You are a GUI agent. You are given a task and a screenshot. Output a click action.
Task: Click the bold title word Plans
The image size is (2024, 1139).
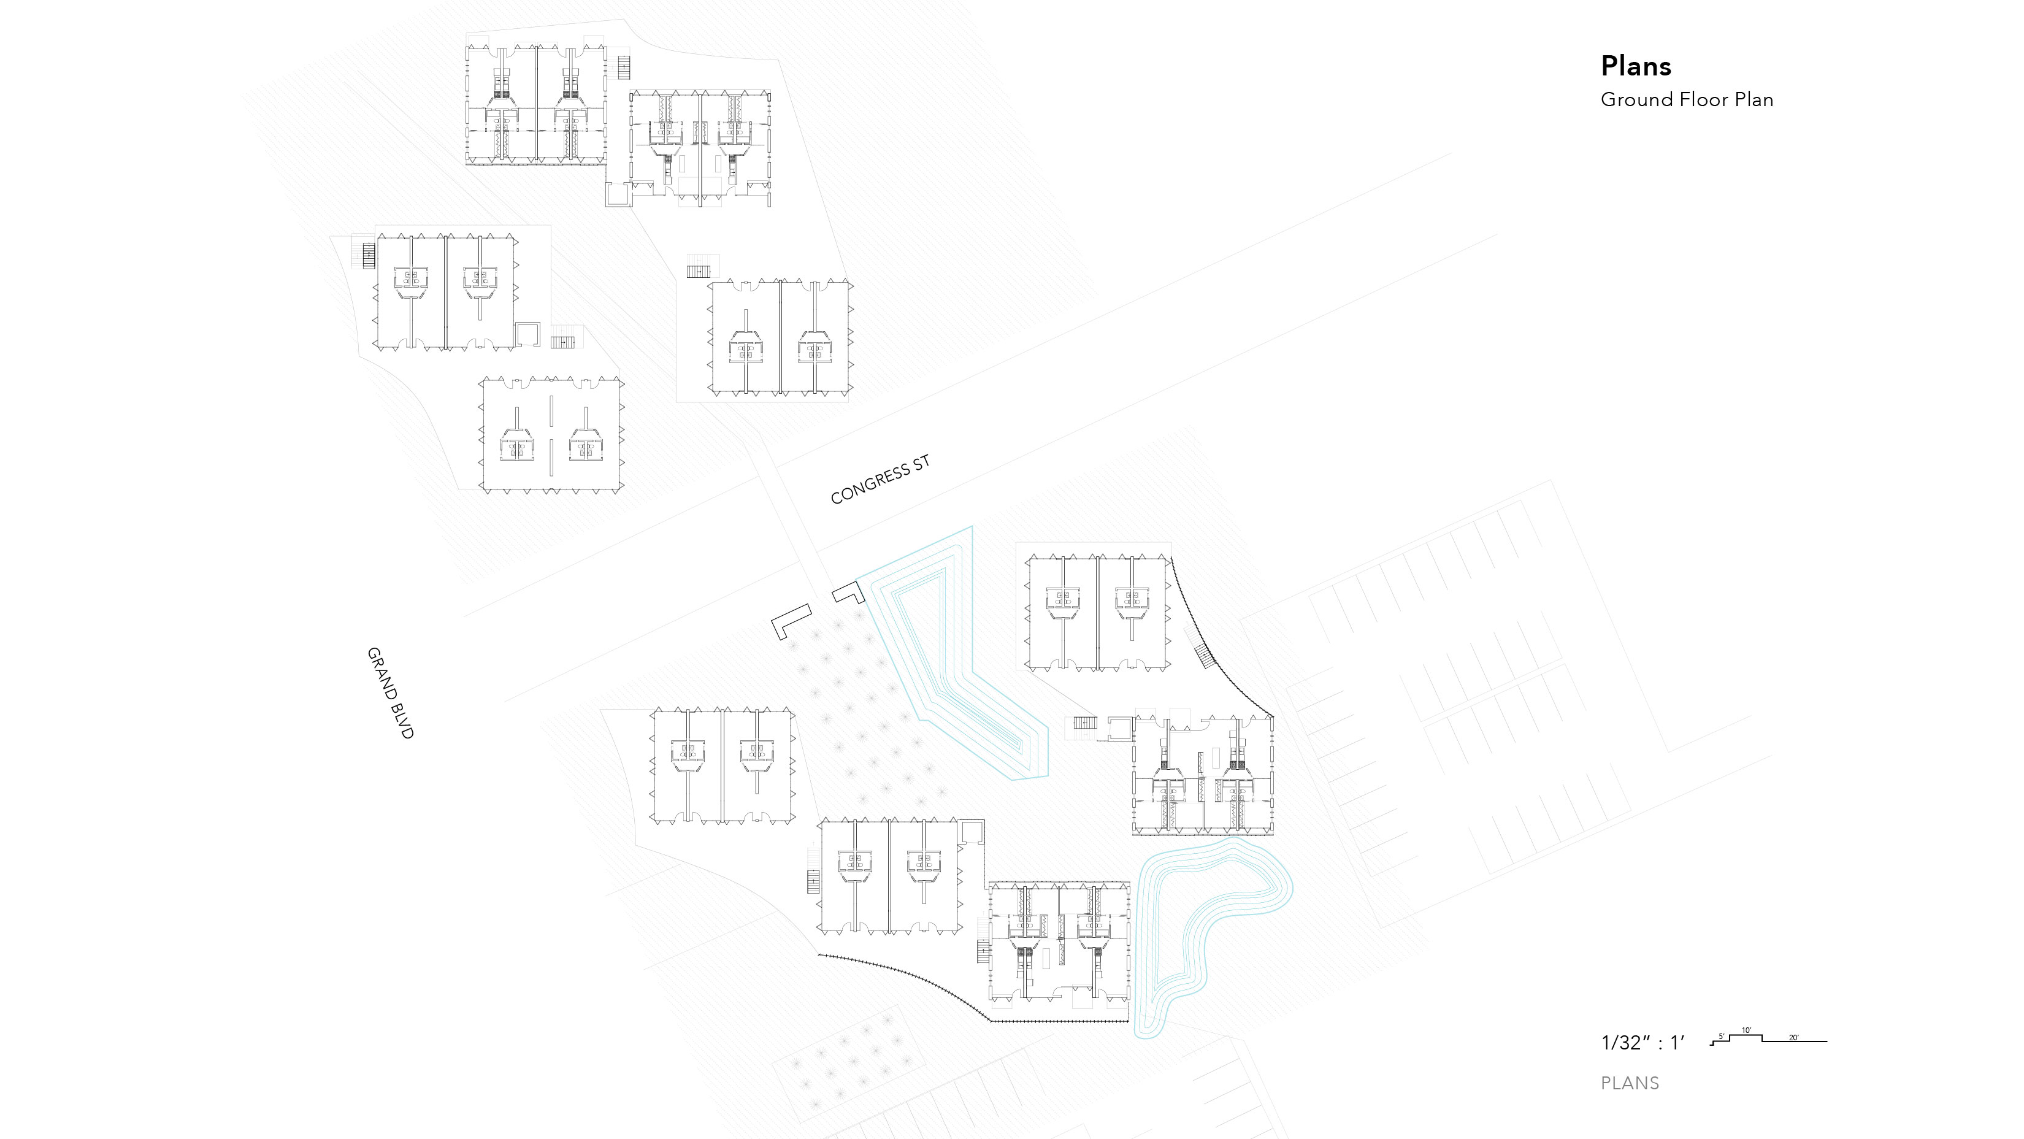(x=1636, y=66)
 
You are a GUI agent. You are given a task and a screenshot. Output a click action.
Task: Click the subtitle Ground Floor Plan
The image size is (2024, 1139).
(x=1687, y=100)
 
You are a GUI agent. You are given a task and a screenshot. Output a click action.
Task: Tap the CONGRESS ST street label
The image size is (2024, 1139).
(x=880, y=479)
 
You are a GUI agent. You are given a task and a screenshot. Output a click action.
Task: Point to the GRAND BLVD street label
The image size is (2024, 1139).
(x=389, y=693)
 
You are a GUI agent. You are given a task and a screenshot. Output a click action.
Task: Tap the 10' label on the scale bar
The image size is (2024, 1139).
(x=1746, y=1030)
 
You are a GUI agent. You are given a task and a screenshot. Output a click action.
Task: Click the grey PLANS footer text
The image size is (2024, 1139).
(x=1630, y=1083)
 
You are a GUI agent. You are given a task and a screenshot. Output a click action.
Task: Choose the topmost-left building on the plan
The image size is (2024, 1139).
(x=537, y=104)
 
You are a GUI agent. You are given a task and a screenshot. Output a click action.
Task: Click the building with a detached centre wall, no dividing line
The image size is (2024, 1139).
(x=551, y=435)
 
